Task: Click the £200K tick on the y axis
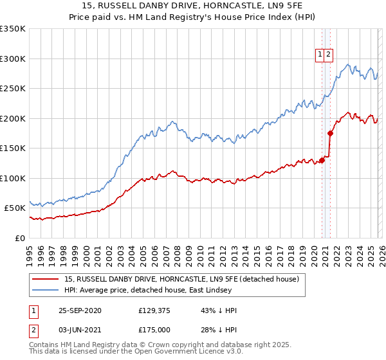point(13,118)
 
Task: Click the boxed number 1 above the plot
point(319,55)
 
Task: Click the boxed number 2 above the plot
point(328,55)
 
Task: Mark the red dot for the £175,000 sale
point(331,133)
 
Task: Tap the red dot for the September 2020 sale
point(322,160)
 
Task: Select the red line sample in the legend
point(46,280)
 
